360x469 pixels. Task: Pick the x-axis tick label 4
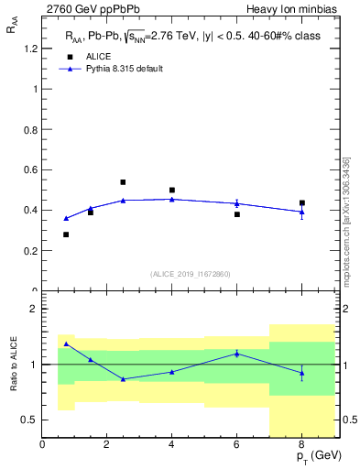tap(172, 445)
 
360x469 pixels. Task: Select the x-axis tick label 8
tap(301, 445)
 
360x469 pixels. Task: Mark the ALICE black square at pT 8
tap(301, 202)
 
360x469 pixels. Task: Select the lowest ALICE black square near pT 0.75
tap(66, 234)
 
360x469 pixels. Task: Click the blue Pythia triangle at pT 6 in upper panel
tap(236, 203)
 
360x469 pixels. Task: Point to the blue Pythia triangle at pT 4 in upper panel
tap(172, 199)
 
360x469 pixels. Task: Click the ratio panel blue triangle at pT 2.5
tap(123, 378)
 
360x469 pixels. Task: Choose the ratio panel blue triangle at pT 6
tap(236, 353)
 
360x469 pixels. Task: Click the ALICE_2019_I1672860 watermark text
tap(191, 274)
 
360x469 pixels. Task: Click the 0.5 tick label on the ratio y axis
tap(29, 420)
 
